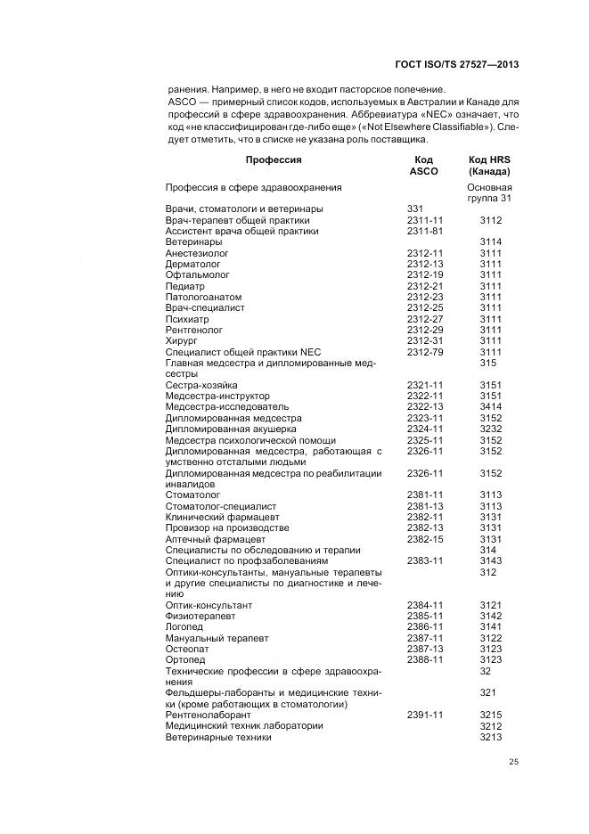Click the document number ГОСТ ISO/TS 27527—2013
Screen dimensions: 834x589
tap(456, 65)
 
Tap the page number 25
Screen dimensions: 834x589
tap(513, 760)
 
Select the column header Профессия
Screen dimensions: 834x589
tap(274, 160)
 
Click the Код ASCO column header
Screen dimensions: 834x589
tap(424, 166)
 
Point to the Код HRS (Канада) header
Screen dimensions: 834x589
tap(489, 166)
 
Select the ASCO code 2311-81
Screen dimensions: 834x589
tap(425, 231)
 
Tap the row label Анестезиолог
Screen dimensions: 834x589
tap(197, 253)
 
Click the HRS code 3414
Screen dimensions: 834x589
tap(491, 406)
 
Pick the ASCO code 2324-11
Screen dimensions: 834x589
tap(425, 429)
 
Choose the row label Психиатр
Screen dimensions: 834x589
tap(187, 319)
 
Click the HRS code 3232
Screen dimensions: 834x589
tap(491, 429)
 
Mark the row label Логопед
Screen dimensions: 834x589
tap(185, 627)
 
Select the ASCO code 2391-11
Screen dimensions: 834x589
tap(425, 715)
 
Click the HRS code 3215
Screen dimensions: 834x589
tap(491, 715)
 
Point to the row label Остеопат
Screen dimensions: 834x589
tap(186, 649)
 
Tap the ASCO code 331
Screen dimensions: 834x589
tap(414, 208)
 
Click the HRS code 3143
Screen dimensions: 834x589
tap(491, 560)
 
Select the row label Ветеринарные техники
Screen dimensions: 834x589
tap(218, 737)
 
